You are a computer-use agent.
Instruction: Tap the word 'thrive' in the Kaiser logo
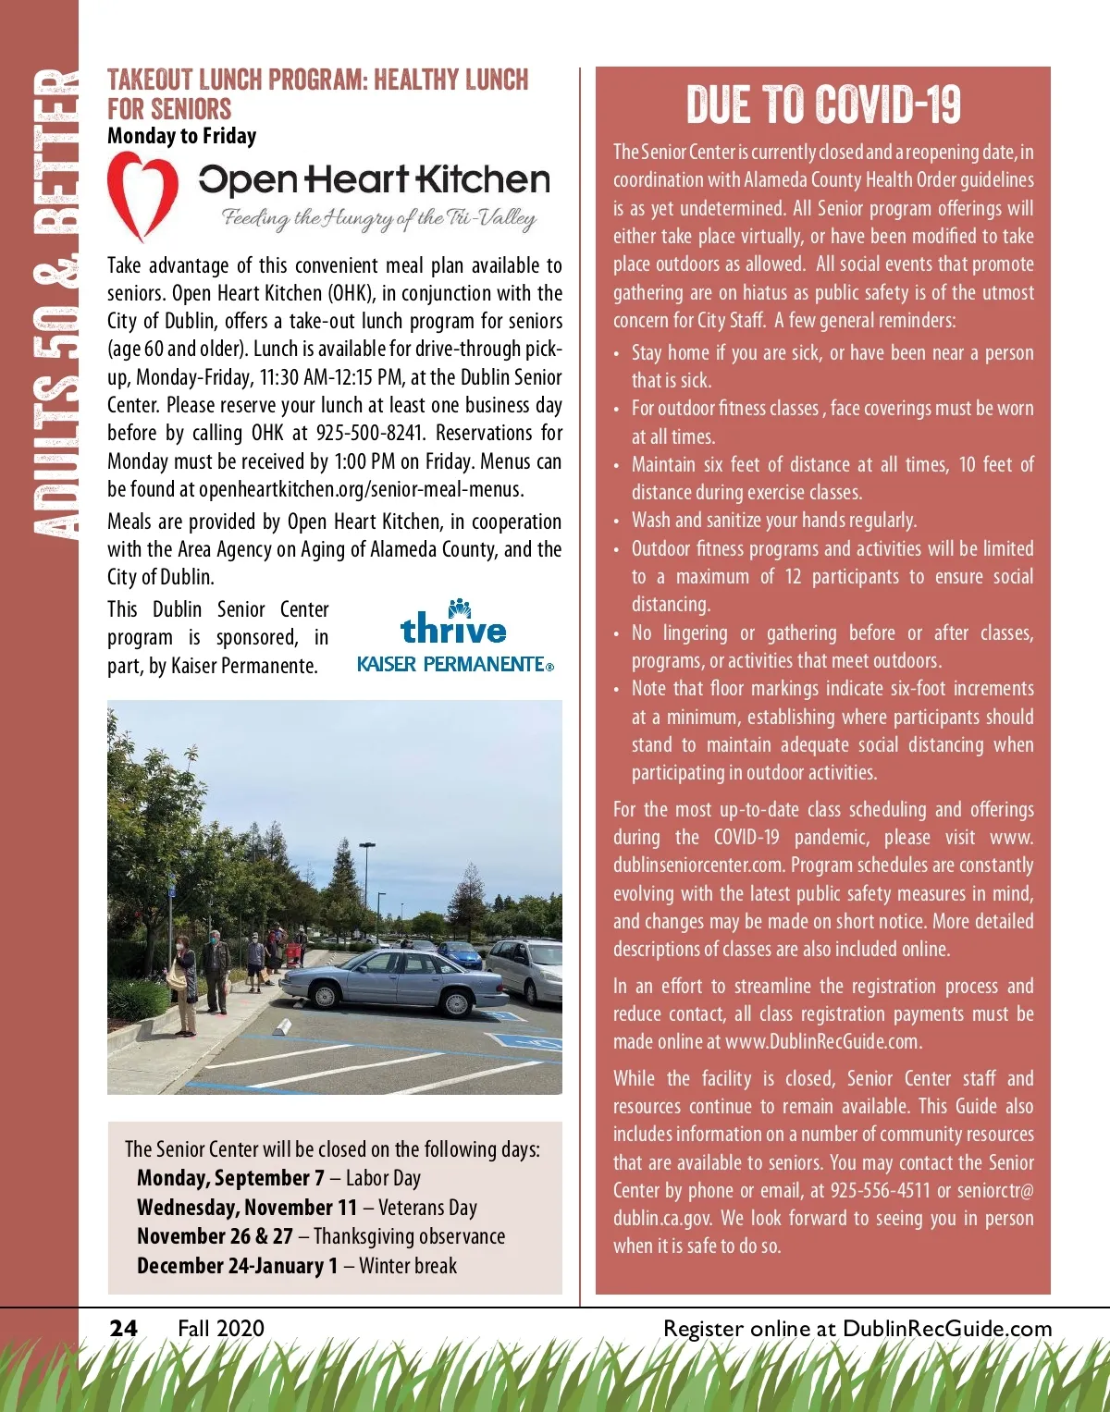(x=453, y=629)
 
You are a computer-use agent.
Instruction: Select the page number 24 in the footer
(x=123, y=1329)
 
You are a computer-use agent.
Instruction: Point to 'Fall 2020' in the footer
(x=221, y=1329)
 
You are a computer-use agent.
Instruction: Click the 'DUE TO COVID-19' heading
(x=823, y=104)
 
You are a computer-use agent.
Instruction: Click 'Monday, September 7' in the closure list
(x=230, y=1178)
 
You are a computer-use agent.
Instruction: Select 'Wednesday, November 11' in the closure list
(x=246, y=1208)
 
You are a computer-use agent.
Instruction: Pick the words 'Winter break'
(x=408, y=1266)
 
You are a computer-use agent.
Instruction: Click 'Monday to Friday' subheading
(x=181, y=136)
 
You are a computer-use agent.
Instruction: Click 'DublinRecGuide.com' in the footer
(x=947, y=1329)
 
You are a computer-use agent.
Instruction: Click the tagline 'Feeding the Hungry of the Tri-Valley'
(x=378, y=219)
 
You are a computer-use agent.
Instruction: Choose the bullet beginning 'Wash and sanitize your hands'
(x=774, y=521)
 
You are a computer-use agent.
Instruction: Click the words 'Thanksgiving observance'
(x=409, y=1236)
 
